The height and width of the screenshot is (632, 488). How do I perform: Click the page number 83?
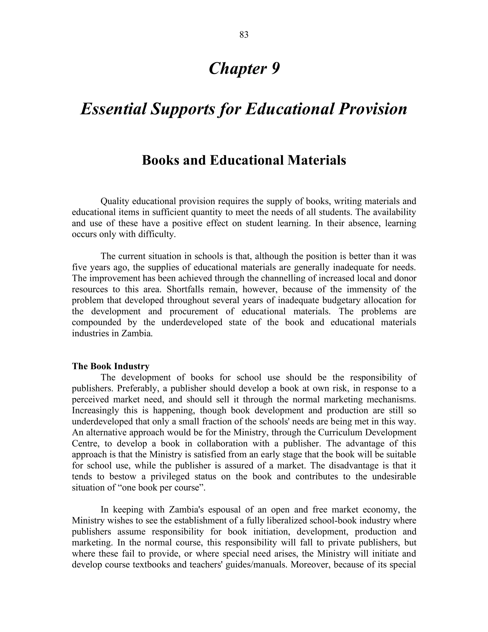(244, 35)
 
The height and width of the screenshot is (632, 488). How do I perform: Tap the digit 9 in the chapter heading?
(275, 69)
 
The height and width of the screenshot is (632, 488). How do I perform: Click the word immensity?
(366, 289)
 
